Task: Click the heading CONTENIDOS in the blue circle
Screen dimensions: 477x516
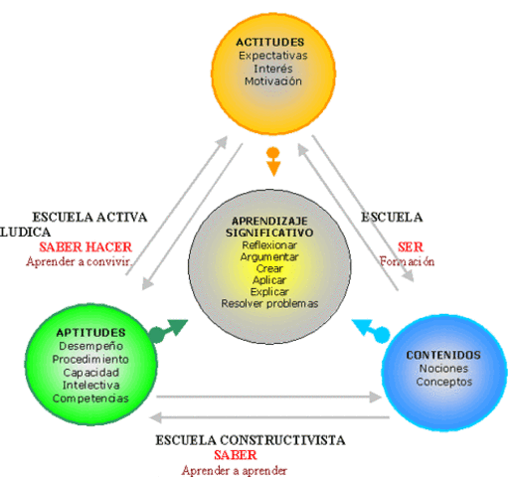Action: (443, 355)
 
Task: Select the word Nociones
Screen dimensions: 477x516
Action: (443, 369)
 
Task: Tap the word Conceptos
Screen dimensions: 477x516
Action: (443, 383)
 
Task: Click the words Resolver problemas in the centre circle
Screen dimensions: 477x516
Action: (269, 303)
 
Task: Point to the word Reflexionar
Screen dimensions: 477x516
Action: (269, 244)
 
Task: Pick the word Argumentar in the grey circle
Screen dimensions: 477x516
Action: (269, 256)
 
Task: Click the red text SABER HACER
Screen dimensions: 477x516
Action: (86, 247)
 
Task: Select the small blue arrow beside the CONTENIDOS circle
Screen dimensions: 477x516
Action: (370, 329)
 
